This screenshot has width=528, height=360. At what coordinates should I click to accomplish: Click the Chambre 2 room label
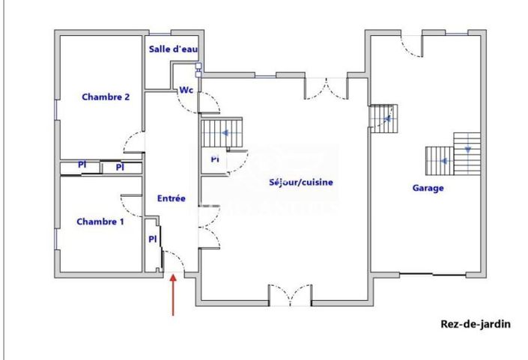(x=106, y=97)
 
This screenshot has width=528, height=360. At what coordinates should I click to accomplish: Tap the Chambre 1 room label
(x=100, y=222)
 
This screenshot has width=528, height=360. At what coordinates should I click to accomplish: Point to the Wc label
(x=186, y=91)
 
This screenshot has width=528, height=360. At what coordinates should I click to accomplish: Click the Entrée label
(x=171, y=198)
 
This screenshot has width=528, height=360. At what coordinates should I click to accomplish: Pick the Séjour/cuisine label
(x=301, y=182)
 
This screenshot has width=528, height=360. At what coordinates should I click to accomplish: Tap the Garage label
(x=428, y=189)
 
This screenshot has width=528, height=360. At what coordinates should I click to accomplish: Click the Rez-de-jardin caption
(x=475, y=324)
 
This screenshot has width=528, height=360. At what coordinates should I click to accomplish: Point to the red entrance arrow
(x=174, y=295)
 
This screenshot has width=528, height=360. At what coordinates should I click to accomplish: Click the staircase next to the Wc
(x=222, y=133)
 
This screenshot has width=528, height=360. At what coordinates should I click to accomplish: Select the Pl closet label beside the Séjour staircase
(x=214, y=159)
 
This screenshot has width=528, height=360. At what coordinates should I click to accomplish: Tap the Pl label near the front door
(x=152, y=240)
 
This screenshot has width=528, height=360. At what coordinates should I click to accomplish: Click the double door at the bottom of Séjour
(x=290, y=294)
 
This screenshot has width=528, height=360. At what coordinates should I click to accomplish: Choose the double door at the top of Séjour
(x=327, y=88)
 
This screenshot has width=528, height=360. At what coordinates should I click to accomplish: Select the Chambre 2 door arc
(x=133, y=142)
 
